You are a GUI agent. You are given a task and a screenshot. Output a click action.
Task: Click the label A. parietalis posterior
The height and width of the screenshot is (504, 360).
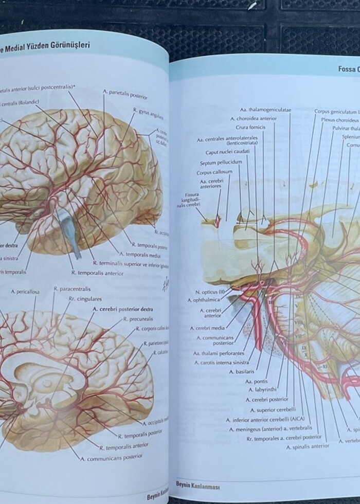click(125, 95)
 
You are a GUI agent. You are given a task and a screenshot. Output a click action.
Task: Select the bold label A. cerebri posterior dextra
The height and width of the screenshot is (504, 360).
click(122, 310)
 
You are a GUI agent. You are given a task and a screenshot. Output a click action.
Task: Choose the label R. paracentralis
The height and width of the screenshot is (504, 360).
click(71, 289)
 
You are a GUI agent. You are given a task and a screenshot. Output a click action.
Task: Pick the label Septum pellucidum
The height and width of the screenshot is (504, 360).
click(221, 163)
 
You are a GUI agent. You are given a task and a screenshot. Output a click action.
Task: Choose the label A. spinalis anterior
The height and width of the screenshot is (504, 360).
click(308, 446)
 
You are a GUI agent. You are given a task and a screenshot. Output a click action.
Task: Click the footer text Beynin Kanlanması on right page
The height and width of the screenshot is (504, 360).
click(197, 486)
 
